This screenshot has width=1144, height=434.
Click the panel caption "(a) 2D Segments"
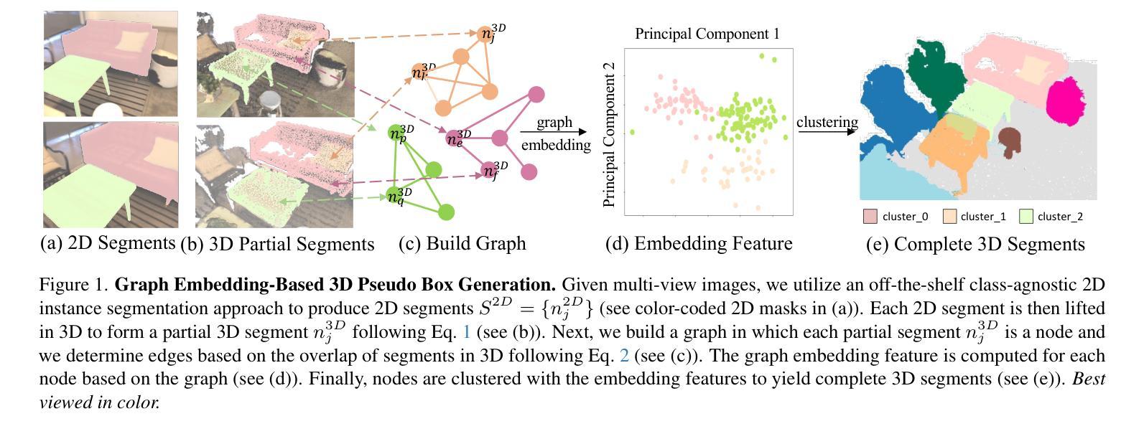(108, 242)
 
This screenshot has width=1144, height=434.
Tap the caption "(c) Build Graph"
(462, 243)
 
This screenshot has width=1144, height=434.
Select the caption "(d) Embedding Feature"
(699, 243)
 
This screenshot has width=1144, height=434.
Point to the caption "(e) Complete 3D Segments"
(975, 244)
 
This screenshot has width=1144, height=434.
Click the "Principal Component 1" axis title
(707, 34)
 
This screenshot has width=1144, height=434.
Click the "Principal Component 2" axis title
(608, 135)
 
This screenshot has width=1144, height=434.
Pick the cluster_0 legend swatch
(870, 216)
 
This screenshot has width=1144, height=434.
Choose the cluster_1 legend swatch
(950, 216)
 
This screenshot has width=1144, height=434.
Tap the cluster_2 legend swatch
(1026, 216)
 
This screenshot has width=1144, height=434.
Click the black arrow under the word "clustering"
(827, 132)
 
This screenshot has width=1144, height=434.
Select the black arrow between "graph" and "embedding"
(554, 132)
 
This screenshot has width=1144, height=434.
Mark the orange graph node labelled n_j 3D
(487, 34)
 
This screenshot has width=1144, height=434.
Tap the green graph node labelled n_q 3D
(394, 196)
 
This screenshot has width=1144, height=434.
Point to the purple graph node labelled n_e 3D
(454, 138)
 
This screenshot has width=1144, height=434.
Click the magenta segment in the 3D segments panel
(1065, 102)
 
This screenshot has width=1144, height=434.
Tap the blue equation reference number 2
(624, 356)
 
